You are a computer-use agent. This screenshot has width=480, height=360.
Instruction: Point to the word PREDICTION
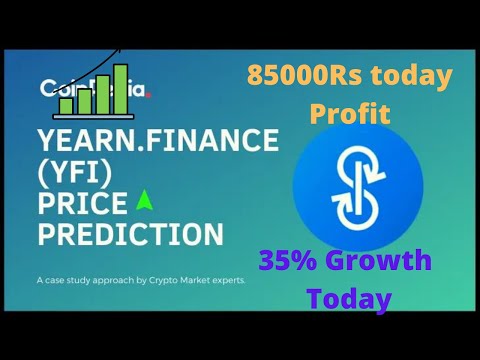coord(129,235)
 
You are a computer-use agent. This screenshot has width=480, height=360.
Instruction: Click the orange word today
coord(421,76)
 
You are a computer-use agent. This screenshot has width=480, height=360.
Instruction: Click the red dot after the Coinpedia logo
coord(149,96)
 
